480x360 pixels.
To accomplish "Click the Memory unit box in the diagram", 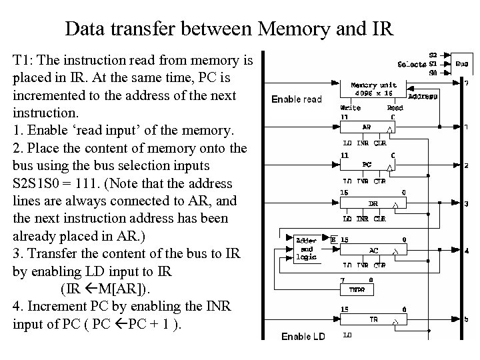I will pyautogui.click(x=374, y=89).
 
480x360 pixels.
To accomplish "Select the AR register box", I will pyautogui.click(x=367, y=127).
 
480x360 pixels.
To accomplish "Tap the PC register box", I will pyautogui.click(x=367, y=164).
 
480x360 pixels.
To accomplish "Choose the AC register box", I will pyautogui.click(x=373, y=250).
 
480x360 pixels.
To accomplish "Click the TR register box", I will pyautogui.click(x=373, y=320).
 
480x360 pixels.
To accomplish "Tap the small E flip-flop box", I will pyautogui.click(x=334, y=239).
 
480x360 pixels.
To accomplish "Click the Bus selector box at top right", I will pyautogui.click(x=461, y=65).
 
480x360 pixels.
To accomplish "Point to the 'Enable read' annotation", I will pyautogui.click(x=297, y=99).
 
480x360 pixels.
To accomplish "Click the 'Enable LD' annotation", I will pyautogui.click(x=303, y=337).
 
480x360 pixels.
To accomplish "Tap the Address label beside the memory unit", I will pyautogui.click(x=423, y=96).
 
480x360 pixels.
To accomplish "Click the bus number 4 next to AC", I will pyautogui.click(x=467, y=251).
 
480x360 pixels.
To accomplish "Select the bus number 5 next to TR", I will pyautogui.click(x=467, y=319).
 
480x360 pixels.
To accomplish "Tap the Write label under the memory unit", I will pyautogui.click(x=351, y=107).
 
